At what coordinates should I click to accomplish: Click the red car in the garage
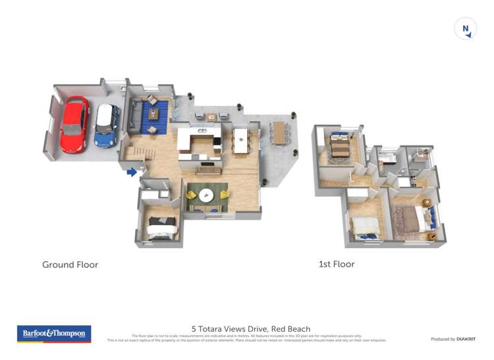coord(74,124)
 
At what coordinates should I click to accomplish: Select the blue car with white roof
coord(105,126)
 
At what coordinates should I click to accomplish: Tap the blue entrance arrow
coord(132,172)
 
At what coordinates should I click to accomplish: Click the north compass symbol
coord(466,29)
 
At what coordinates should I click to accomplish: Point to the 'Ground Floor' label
coord(70,265)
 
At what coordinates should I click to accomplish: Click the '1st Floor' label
coord(337,264)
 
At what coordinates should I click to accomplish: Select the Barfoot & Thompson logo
coord(53,334)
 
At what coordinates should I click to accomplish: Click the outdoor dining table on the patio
coord(279,133)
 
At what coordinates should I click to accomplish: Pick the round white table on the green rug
coord(207,194)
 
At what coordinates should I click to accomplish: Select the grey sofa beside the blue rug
coord(136,115)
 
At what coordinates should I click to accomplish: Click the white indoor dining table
coord(240,139)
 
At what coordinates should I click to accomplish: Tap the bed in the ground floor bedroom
coord(162,227)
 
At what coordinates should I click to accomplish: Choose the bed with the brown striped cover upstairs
coord(340,147)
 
